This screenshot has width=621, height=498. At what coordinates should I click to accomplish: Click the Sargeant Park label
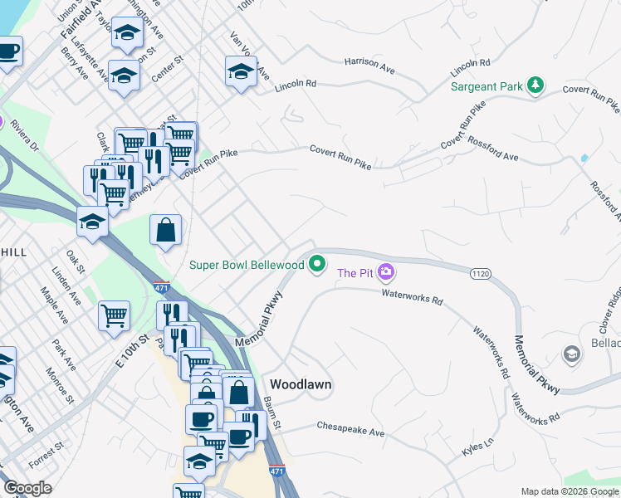point(486,86)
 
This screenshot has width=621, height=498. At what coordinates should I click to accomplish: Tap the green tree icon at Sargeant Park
point(536,85)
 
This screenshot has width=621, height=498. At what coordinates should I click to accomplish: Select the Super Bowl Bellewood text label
point(247,265)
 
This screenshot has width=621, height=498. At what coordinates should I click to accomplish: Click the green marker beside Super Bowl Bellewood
point(316,265)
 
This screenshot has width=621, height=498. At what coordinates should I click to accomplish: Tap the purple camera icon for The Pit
point(385,271)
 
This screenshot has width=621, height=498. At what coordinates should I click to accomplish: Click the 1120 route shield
point(480,272)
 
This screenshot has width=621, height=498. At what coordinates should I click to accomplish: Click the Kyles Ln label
point(477,450)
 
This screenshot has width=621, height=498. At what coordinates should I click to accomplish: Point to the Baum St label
point(273,413)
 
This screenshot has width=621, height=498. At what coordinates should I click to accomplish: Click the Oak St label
point(76,262)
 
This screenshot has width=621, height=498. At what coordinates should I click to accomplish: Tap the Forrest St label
point(45,456)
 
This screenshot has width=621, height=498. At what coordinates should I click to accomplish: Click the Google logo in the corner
point(27,488)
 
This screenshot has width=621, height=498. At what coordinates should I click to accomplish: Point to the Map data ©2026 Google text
point(570,491)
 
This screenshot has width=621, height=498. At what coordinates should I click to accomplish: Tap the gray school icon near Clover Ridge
point(570,355)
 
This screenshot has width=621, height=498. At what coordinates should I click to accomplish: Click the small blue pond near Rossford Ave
point(584,157)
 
